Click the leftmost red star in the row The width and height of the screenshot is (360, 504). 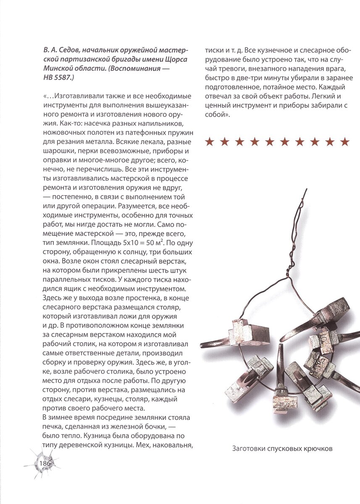(x=210, y=142)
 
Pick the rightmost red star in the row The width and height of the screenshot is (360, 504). (x=345, y=142)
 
